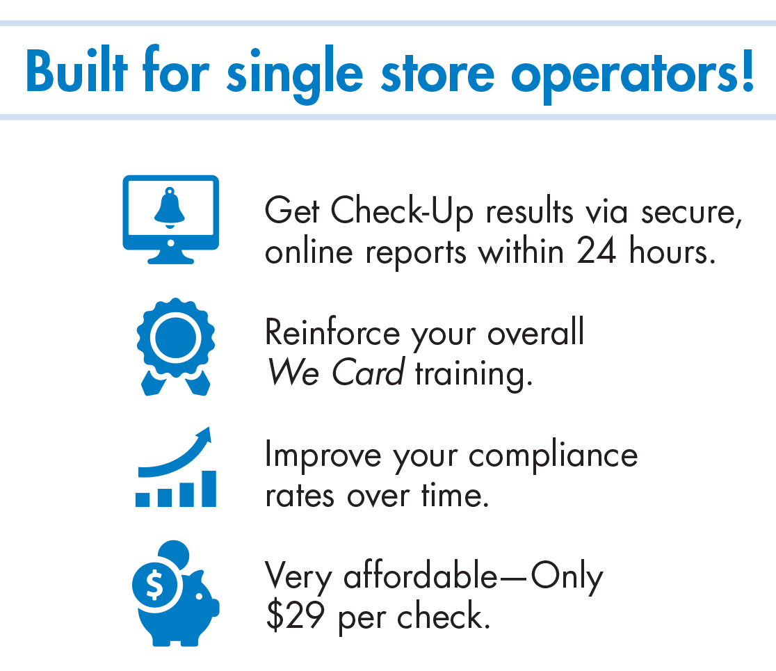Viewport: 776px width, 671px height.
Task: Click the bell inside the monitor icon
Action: click(170, 208)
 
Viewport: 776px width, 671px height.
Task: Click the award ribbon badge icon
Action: click(176, 346)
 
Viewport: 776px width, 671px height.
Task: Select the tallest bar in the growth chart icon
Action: click(209, 488)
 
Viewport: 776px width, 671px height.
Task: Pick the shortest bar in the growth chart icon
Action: click(143, 499)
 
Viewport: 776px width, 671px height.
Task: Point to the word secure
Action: click(691, 213)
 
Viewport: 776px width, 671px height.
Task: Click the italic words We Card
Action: click(336, 372)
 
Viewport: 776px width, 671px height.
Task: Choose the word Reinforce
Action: click(332, 332)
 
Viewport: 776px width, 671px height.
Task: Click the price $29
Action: click(296, 615)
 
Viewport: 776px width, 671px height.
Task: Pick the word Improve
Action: click(323, 455)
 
